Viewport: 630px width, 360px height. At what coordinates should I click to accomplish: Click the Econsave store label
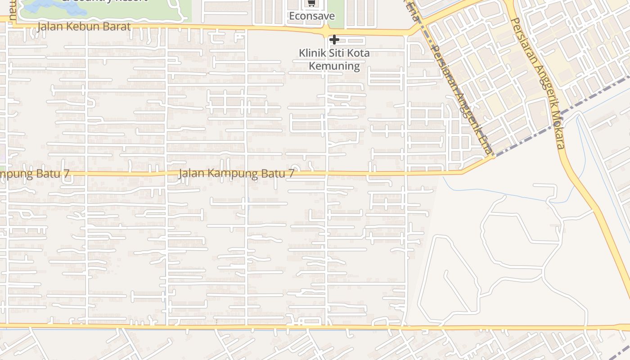tap(312, 16)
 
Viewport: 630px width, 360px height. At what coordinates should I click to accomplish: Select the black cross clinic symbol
tap(334, 40)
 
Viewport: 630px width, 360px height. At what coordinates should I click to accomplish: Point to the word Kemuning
tap(334, 66)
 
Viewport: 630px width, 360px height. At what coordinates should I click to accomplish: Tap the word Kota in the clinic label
tap(359, 53)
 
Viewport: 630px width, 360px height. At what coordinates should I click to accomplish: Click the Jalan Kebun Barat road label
tap(84, 27)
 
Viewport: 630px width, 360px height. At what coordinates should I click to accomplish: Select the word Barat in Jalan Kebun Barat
tap(116, 27)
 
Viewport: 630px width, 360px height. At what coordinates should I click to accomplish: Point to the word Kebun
tap(83, 27)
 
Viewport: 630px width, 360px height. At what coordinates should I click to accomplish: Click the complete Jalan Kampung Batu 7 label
tap(236, 173)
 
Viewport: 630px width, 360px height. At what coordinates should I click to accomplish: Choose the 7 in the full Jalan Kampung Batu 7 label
tap(291, 173)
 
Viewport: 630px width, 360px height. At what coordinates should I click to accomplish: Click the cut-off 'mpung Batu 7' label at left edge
tap(35, 174)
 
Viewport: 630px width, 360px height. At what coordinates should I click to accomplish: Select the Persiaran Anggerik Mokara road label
tap(537, 83)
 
